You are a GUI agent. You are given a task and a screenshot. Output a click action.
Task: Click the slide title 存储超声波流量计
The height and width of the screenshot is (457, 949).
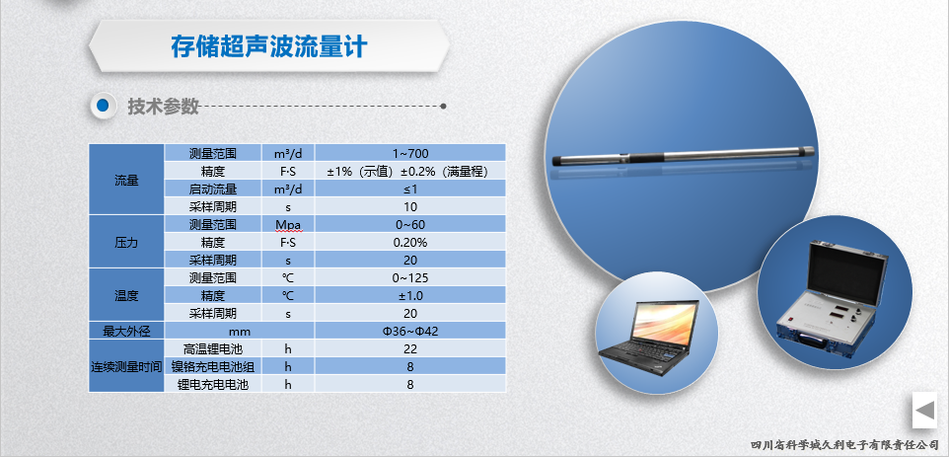(x=268, y=46)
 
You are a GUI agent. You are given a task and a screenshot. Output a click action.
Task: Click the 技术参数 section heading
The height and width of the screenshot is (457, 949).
(x=163, y=106)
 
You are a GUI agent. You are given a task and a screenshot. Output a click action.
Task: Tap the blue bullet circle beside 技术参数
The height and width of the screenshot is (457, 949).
(x=103, y=106)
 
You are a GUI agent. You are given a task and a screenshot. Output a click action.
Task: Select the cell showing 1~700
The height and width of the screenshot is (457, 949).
(x=409, y=154)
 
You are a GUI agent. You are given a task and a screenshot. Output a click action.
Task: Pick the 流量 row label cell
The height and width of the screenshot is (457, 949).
(x=126, y=180)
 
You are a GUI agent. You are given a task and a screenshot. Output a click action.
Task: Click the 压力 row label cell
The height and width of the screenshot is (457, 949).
(x=126, y=242)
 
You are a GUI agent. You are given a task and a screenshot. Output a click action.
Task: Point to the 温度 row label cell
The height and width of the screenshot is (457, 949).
(x=126, y=295)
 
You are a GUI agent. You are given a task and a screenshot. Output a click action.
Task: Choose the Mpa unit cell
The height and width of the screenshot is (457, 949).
(x=288, y=225)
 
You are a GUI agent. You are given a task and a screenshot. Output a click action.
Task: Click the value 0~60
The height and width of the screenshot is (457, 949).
(x=409, y=225)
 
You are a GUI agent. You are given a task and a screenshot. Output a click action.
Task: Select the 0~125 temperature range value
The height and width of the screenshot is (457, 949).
(x=409, y=277)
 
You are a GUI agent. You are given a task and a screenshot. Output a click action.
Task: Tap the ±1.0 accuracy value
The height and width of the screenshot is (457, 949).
(x=409, y=295)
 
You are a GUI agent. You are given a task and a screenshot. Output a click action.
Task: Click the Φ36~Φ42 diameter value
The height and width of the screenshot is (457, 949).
(x=409, y=331)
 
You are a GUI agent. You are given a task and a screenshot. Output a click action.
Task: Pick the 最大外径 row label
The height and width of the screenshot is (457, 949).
(x=126, y=331)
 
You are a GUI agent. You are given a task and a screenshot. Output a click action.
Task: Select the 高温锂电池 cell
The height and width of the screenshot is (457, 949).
(x=213, y=348)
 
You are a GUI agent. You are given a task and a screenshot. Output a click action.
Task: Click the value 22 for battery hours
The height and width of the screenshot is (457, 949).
(x=409, y=348)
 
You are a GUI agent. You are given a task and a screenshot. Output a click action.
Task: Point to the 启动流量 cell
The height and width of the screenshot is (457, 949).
(x=213, y=189)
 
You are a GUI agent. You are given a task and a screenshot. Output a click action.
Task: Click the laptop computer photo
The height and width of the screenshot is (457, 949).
(x=649, y=336)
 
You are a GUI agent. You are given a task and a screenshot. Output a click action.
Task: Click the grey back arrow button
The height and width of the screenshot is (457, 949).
(x=924, y=410)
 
